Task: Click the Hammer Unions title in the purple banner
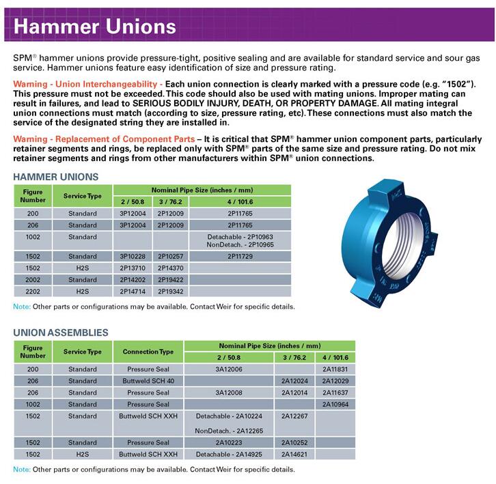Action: [x=96, y=27]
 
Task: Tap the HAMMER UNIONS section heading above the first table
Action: [x=56, y=176]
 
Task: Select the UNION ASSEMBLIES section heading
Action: [x=61, y=332]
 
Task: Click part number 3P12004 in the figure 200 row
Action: [x=133, y=214]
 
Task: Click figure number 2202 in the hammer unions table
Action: [x=33, y=291]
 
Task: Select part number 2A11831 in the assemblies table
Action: [x=335, y=369]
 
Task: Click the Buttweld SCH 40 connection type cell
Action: [x=148, y=380]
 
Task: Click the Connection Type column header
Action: [x=148, y=352]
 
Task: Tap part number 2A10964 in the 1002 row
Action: [x=335, y=404]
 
